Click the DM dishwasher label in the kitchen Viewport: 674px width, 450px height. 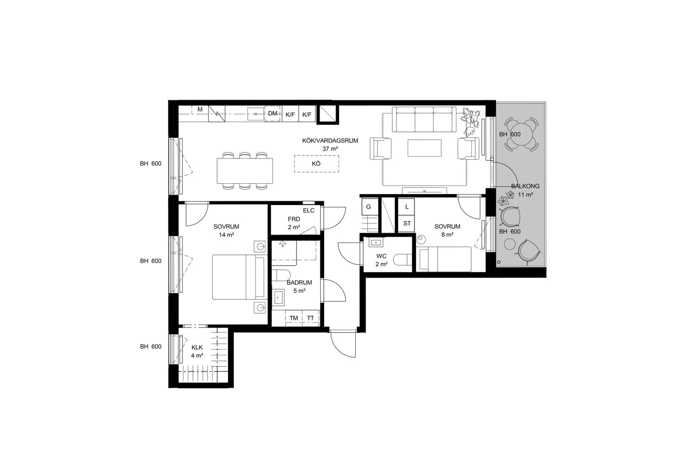[x=272, y=114]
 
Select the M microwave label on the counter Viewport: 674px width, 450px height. [x=200, y=110]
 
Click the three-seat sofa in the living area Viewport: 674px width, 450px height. [x=424, y=120]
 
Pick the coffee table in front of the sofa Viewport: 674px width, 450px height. [x=424, y=148]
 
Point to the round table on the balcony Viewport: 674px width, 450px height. [x=522, y=134]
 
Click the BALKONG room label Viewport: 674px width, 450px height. [x=525, y=186]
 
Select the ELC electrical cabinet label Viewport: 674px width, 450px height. [x=309, y=210]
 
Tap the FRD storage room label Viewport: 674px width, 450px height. [x=294, y=219]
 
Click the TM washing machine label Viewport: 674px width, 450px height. [x=294, y=318]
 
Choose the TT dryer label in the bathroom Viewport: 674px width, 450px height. [x=310, y=318]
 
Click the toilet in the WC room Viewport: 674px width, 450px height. [x=403, y=260]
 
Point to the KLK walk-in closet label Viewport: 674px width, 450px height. [x=197, y=348]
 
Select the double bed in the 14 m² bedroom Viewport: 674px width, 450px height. [x=240, y=277]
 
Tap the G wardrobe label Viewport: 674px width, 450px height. [x=368, y=207]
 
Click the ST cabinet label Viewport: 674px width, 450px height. [x=407, y=223]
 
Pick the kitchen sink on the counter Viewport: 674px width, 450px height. [x=256, y=114]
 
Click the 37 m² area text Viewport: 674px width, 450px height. [x=330, y=149]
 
